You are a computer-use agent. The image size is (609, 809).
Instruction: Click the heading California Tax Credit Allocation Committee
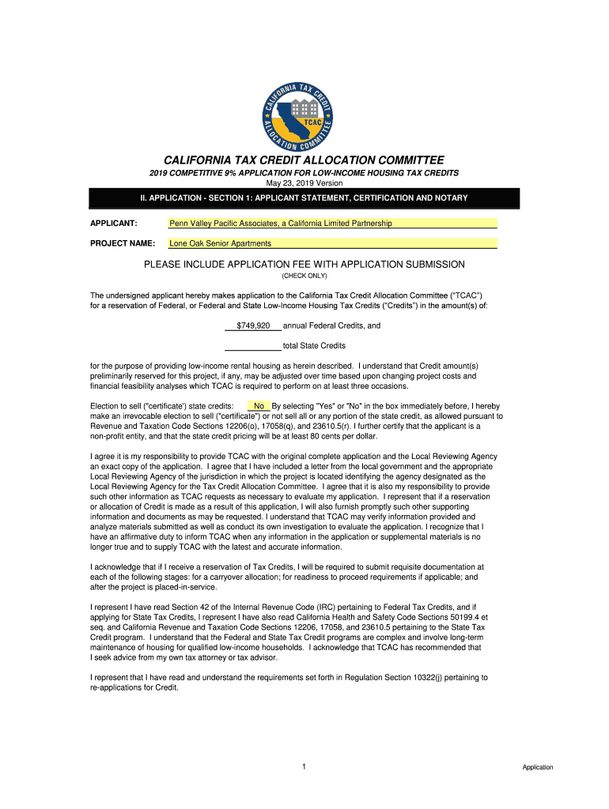304,160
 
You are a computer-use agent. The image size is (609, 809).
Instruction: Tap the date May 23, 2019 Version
304,183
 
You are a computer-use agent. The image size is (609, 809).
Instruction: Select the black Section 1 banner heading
304,198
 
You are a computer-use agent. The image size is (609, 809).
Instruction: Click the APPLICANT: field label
115,224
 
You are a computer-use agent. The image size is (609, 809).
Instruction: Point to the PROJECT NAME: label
122,243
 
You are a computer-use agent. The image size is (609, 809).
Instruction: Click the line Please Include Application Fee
304,264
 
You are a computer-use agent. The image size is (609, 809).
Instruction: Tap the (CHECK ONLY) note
304,276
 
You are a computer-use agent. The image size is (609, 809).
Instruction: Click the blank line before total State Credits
253,345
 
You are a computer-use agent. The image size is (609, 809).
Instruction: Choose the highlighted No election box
259,406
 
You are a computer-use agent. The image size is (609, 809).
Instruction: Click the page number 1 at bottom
304,766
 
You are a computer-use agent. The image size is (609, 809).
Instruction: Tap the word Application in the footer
538,767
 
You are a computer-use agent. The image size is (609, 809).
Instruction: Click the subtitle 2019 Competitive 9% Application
304,172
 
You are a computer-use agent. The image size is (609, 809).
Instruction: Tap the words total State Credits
314,345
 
